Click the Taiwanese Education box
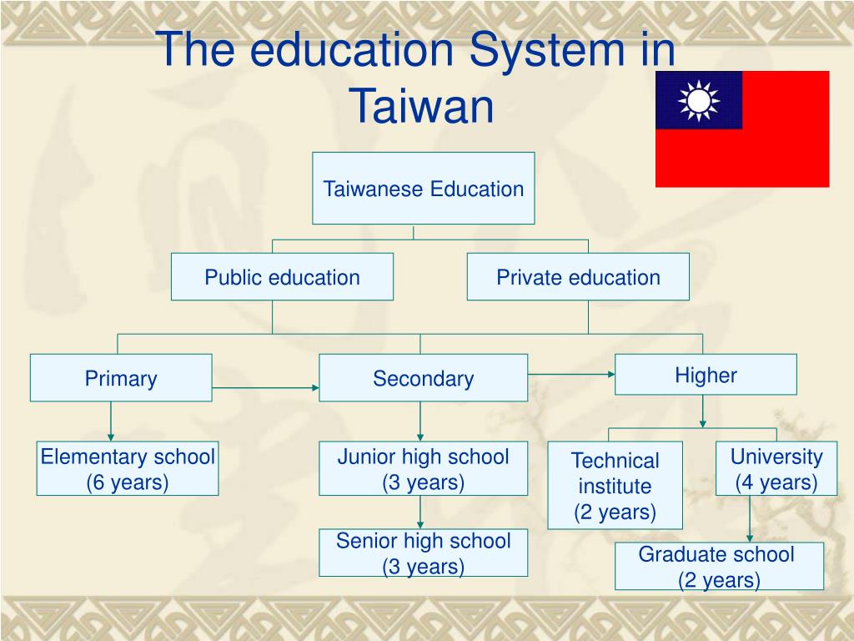coord(423,189)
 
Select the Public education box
coord(282,277)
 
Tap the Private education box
coord(578,277)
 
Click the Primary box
coord(121,378)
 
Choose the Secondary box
coord(423,378)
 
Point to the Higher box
coord(706,375)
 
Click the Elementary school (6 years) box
coord(128,468)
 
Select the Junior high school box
coord(423,468)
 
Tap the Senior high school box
coord(423,553)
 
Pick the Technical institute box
coord(615,486)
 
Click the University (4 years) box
coord(776,468)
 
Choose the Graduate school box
coord(719,566)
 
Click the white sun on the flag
coord(698,100)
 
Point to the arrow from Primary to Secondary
coord(265,388)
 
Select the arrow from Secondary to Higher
coord(571,375)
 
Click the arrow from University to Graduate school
coord(750,519)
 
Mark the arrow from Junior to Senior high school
coord(420,511)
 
